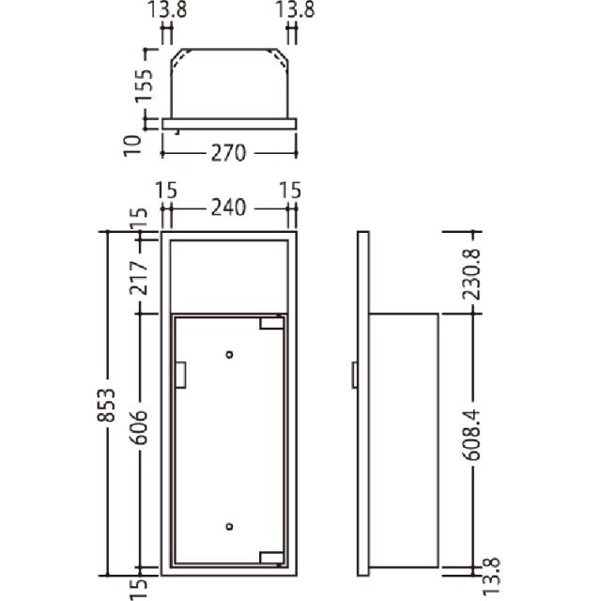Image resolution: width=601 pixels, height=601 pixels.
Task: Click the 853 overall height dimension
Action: click(106, 405)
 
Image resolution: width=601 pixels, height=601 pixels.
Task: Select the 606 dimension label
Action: click(138, 427)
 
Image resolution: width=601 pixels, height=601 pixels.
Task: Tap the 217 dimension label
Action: click(138, 278)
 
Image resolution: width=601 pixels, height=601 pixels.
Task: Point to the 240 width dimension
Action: click(228, 208)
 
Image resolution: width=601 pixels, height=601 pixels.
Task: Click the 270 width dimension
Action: click(228, 153)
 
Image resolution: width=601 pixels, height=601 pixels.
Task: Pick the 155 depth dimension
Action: click(144, 86)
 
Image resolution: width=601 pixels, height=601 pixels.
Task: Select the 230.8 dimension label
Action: click(471, 274)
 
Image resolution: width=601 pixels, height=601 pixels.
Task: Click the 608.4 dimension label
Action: click(471, 435)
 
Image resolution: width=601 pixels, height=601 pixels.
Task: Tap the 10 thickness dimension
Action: click(132, 146)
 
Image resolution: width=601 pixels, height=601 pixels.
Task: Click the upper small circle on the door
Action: click(229, 355)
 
